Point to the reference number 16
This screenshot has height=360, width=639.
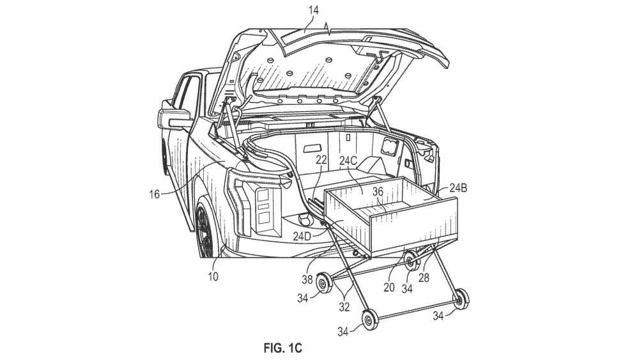coord(154,194)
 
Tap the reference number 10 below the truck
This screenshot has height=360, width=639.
coord(213,277)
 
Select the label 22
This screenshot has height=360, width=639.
coord(321,160)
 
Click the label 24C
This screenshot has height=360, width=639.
coord(348,161)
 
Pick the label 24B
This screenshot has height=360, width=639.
coord(458,188)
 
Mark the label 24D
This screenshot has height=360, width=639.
coord(302,236)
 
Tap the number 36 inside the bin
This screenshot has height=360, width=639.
coord(378,191)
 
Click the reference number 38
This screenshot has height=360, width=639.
coord(307,279)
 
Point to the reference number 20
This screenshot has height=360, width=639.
coord(389,288)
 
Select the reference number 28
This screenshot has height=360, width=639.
coord(424,279)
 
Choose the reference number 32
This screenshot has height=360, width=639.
coord(344,307)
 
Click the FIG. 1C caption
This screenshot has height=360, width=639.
coord(283,348)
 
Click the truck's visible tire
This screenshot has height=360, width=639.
coord(205,230)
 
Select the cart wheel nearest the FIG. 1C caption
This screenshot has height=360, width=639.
coord(369,319)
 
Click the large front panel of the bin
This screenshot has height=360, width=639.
coord(413,224)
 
